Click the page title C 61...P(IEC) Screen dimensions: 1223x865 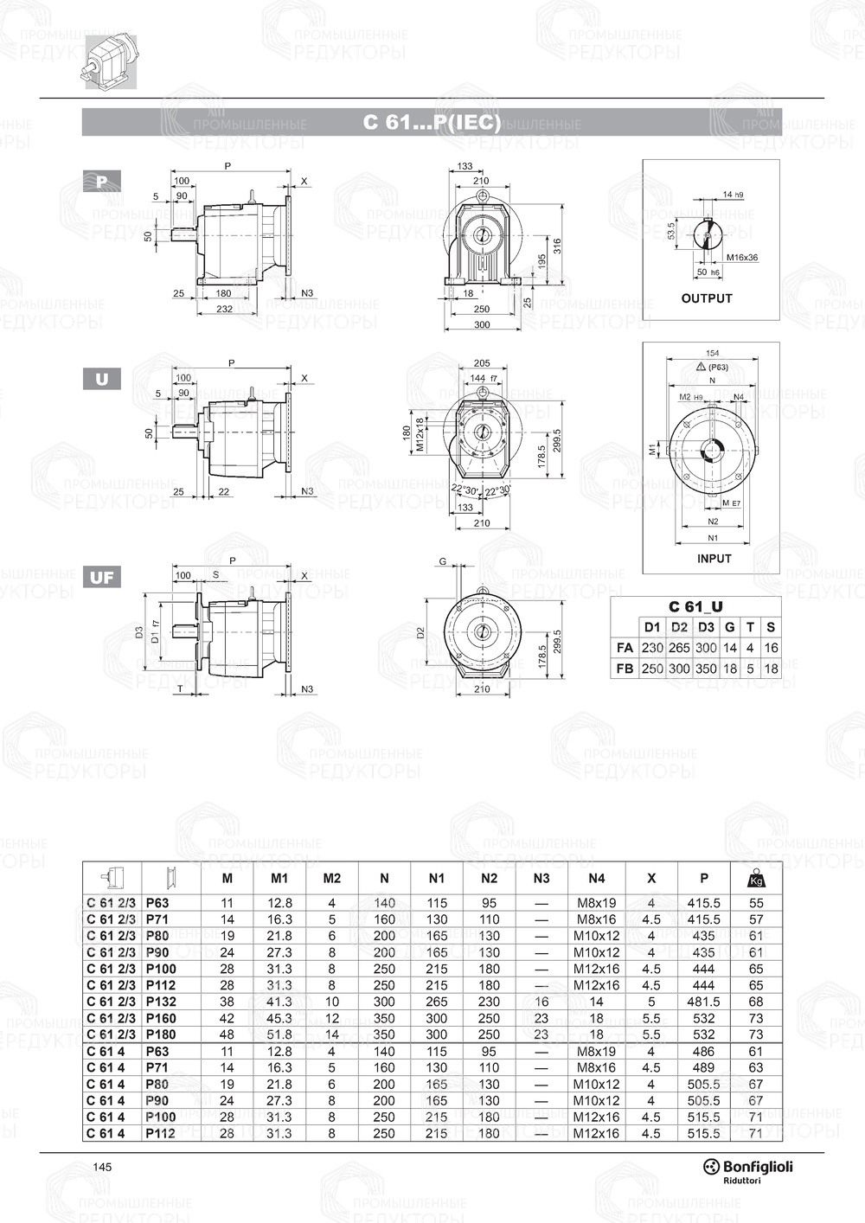432,123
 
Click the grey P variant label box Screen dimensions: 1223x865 102,181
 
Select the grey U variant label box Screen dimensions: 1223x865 102,379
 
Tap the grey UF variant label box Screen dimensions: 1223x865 102,578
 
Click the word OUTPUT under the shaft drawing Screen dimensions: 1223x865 707,298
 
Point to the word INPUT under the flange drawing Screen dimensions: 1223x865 714,559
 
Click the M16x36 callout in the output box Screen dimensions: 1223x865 741,258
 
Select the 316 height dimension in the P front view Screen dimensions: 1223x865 558,247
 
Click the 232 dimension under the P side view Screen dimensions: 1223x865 224,309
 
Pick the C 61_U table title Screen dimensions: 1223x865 695,607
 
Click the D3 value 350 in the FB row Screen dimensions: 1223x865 706,669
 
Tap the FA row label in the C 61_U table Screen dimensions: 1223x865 624,647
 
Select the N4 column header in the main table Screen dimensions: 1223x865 596,878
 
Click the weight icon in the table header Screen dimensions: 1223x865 755,878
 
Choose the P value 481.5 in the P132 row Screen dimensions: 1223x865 703,1002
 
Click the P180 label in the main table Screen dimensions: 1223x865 161,1034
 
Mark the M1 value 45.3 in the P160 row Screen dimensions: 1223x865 279,1018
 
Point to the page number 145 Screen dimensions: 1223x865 102,1168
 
